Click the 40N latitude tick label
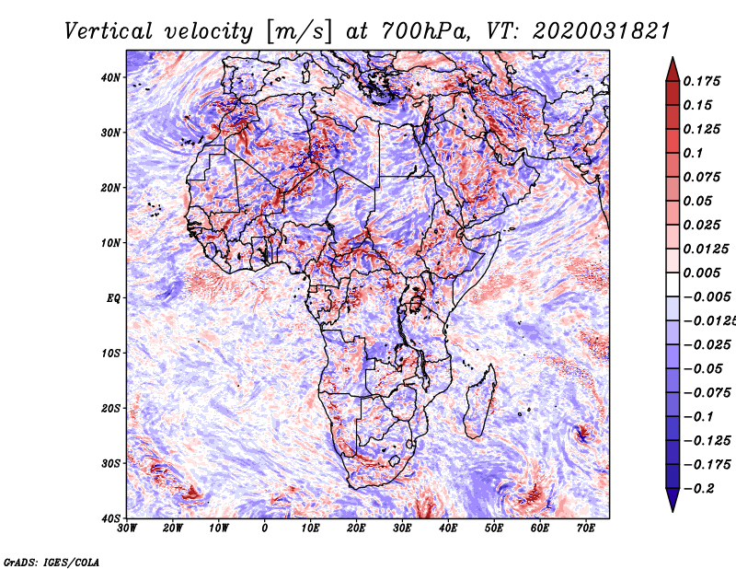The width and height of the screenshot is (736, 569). coord(110,77)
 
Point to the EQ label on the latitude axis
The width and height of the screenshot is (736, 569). coord(113,298)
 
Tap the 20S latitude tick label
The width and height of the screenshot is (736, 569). coord(110,408)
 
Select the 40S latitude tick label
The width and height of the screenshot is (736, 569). coord(110,518)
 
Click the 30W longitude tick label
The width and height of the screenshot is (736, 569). coord(127,528)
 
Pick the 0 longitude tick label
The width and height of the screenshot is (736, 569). coord(265,528)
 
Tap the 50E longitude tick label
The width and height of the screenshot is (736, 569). coord(494,528)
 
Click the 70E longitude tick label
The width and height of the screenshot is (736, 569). coord(586,528)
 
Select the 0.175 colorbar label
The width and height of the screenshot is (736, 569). coord(702,81)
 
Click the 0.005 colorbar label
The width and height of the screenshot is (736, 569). coord(702,273)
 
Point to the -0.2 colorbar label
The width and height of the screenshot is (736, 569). coord(699,489)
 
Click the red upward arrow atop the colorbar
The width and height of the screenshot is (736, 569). coord(673,69)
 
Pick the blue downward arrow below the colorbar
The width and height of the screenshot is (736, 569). coord(673,500)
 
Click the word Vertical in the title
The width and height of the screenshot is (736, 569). coord(109,31)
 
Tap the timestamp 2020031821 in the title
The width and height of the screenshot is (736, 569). coord(601,31)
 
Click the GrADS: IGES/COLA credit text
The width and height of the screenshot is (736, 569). coord(52,562)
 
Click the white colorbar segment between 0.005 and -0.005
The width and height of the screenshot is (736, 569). coord(673,284)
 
